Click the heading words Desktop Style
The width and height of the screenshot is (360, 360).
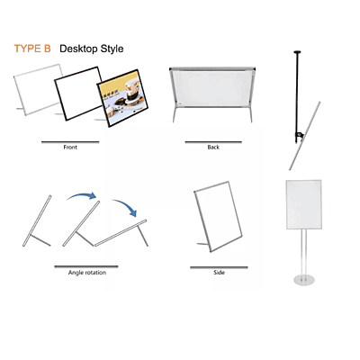[92, 48]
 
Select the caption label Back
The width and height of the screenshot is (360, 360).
[213, 146]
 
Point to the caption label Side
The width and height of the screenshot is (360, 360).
[219, 271]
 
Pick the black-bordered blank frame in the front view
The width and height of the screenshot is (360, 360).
[81, 96]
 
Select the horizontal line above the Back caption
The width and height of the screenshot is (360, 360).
[213, 141]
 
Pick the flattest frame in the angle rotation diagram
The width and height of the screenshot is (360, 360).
[121, 236]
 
